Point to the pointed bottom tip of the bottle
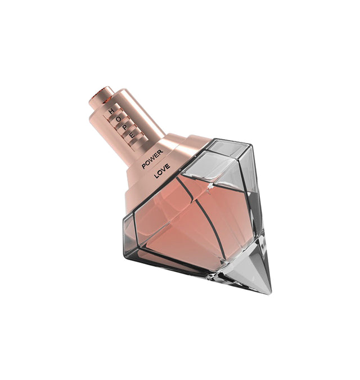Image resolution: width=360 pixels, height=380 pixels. point(269,292)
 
